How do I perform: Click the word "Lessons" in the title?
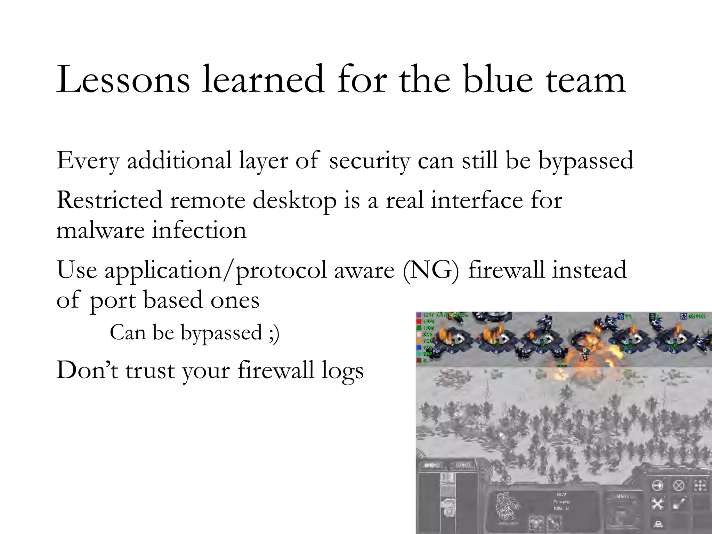(x=123, y=80)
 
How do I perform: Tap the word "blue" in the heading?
(x=498, y=80)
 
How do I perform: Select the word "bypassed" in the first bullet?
(x=586, y=161)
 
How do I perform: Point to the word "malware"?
(x=100, y=230)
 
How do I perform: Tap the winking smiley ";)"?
(x=274, y=333)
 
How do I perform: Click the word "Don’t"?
(x=87, y=370)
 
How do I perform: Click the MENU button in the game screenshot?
(x=623, y=496)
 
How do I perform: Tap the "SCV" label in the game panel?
(x=561, y=494)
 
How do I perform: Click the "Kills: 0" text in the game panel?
(x=561, y=508)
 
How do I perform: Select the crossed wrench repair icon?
(x=657, y=504)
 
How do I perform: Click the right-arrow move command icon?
(x=657, y=485)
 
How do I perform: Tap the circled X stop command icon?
(x=679, y=485)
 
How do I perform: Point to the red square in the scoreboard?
(x=419, y=322)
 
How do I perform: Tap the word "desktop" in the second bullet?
(x=294, y=201)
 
